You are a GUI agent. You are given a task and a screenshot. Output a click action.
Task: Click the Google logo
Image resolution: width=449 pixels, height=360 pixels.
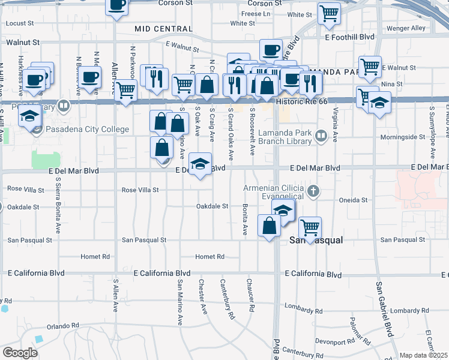pos(20,353)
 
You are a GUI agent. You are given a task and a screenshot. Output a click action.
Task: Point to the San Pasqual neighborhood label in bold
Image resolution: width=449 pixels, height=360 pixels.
pos(316,240)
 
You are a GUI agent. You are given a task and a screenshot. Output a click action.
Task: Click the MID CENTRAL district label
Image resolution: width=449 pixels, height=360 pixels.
pos(163,29)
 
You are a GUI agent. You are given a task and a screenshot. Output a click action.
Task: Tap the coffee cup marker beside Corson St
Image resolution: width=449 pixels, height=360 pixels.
pos(117,6)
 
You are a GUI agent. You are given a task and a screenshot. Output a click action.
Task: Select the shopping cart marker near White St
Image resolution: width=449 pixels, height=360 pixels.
pos(329,13)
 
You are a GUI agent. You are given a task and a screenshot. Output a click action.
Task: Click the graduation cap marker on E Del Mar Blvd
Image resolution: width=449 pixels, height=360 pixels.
pos(200,163)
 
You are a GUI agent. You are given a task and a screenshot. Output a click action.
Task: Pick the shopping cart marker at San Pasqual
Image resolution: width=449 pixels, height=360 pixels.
pos(310,227)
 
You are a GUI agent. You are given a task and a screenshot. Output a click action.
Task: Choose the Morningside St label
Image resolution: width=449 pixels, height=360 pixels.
pos(402,137)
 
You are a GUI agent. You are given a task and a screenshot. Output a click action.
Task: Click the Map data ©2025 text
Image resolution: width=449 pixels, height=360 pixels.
pos(424,355)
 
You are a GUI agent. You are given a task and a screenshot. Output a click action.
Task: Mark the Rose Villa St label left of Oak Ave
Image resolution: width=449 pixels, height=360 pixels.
pos(140,190)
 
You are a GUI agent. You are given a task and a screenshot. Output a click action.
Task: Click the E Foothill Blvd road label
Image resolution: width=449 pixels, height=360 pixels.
pos(350,37)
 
